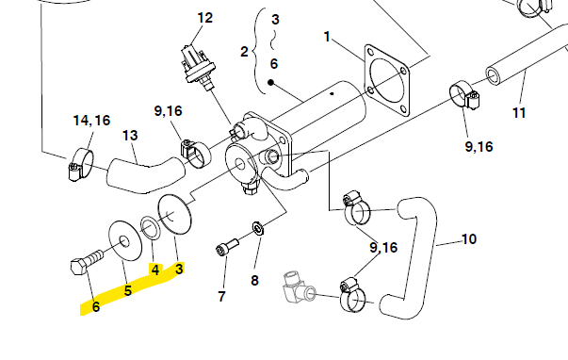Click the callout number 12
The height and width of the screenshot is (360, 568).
[204, 18]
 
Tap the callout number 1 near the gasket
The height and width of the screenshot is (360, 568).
[327, 37]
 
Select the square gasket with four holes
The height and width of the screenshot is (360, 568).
[386, 80]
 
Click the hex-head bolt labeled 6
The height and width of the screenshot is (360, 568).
[87, 263]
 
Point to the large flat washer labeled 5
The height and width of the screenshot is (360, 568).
[125, 240]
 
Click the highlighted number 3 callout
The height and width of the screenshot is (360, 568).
[179, 269]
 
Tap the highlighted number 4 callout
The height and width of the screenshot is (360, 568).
[155, 270]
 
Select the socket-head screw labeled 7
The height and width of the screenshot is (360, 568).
[227, 247]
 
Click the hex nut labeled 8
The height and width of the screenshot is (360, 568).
[258, 229]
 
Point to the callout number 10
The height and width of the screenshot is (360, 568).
[469, 239]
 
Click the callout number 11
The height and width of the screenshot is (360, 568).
[519, 113]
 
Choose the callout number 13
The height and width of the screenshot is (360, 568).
[130, 136]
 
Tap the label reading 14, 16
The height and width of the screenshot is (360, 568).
[91, 121]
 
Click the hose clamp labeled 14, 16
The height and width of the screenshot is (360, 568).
[80, 165]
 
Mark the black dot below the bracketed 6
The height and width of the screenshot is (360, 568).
[270, 83]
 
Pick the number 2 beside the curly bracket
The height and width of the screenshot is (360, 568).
[245, 52]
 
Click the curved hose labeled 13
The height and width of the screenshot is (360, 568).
[145, 175]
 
